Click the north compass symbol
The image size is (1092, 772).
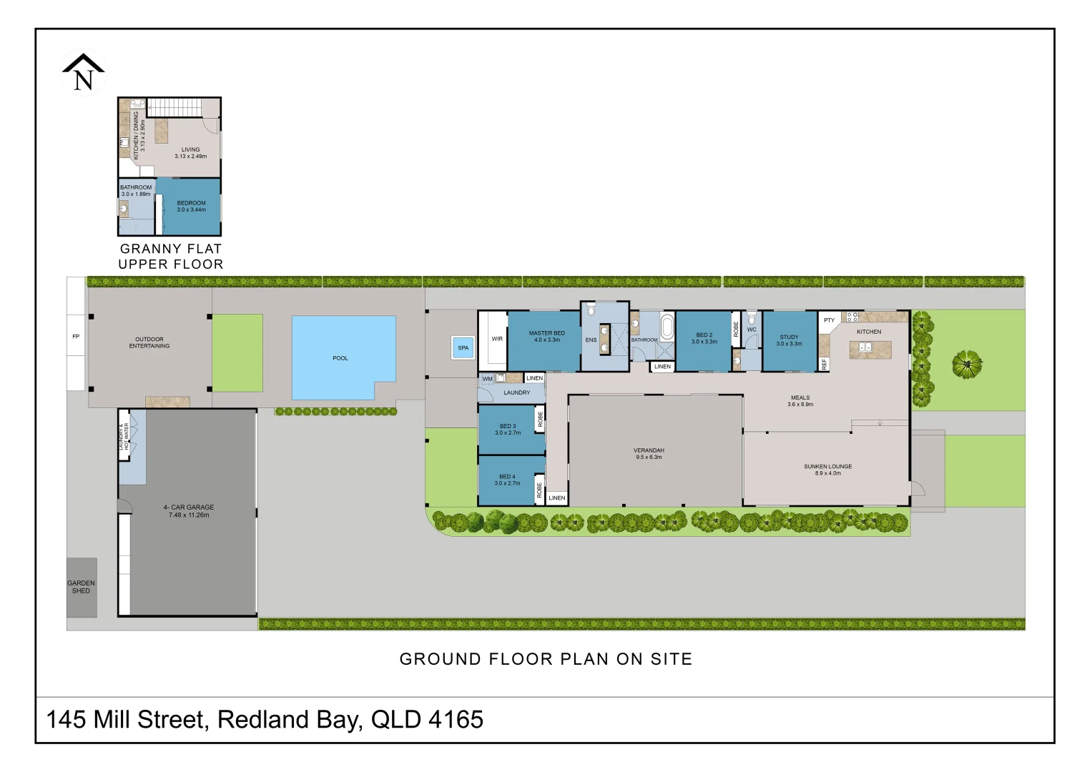[x=83, y=72]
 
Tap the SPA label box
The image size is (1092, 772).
[x=463, y=348]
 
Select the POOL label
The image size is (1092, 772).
[x=340, y=358]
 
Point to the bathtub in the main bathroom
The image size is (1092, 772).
[x=666, y=327]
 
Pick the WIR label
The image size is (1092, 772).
[x=497, y=339]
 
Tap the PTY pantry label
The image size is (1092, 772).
[x=829, y=320]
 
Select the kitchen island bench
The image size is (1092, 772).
[x=870, y=349]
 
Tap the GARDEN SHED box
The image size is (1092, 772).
[x=82, y=587]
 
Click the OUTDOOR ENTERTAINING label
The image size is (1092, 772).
[x=149, y=342]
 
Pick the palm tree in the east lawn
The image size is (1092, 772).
[x=967, y=365]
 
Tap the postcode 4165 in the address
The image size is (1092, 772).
[x=456, y=719]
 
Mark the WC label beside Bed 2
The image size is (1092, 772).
[x=752, y=330]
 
